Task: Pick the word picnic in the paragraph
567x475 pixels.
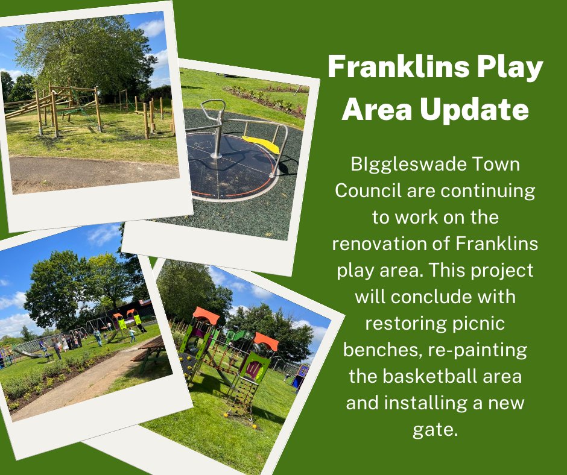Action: pyautogui.click(x=475, y=325)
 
